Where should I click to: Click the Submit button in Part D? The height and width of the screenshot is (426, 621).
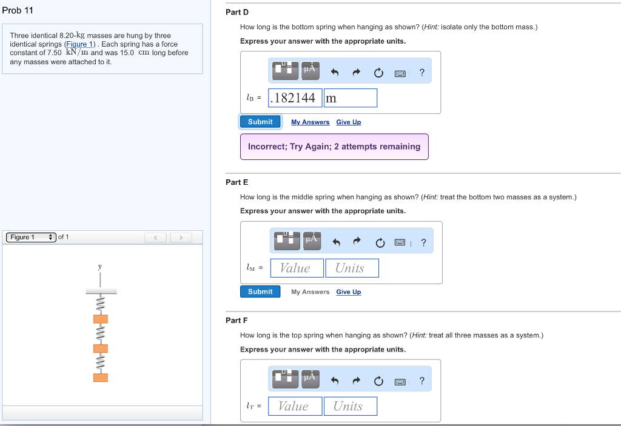pyautogui.click(x=260, y=122)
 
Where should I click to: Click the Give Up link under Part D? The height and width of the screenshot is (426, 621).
pyautogui.click(x=348, y=122)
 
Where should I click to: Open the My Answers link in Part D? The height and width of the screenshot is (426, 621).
pyautogui.click(x=310, y=122)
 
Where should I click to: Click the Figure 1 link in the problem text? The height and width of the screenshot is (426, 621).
pyautogui.click(x=80, y=44)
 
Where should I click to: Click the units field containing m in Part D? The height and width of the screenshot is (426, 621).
pyautogui.click(x=350, y=98)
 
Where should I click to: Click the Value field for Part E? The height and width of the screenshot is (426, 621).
pyautogui.click(x=297, y=268)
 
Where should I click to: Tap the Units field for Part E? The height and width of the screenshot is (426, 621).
pyautogui.click(x=352, y=268)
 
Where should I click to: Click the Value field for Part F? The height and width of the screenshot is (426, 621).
pyautogui.click(x=295, y=406)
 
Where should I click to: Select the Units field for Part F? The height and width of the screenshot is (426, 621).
pyautogui.click(x=350, y=406)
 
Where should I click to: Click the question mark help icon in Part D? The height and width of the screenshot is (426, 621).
pyautogui.click(x=422, y=73)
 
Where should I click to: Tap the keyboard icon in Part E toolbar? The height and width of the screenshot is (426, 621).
pyautogui.click(x=400, y=243)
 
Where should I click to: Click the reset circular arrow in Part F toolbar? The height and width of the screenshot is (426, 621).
pyautogui.click(x=378, y=381)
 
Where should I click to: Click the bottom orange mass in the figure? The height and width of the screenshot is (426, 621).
pyautogui.click(x=100, y=378)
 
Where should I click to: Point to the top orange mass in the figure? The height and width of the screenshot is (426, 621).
pyautogui.click(x=100, y=319)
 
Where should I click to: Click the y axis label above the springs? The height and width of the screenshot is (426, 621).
pyautogui.click(x=100, y=267)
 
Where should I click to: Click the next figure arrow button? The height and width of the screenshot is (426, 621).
pyautogui.click(x=180, y=238)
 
